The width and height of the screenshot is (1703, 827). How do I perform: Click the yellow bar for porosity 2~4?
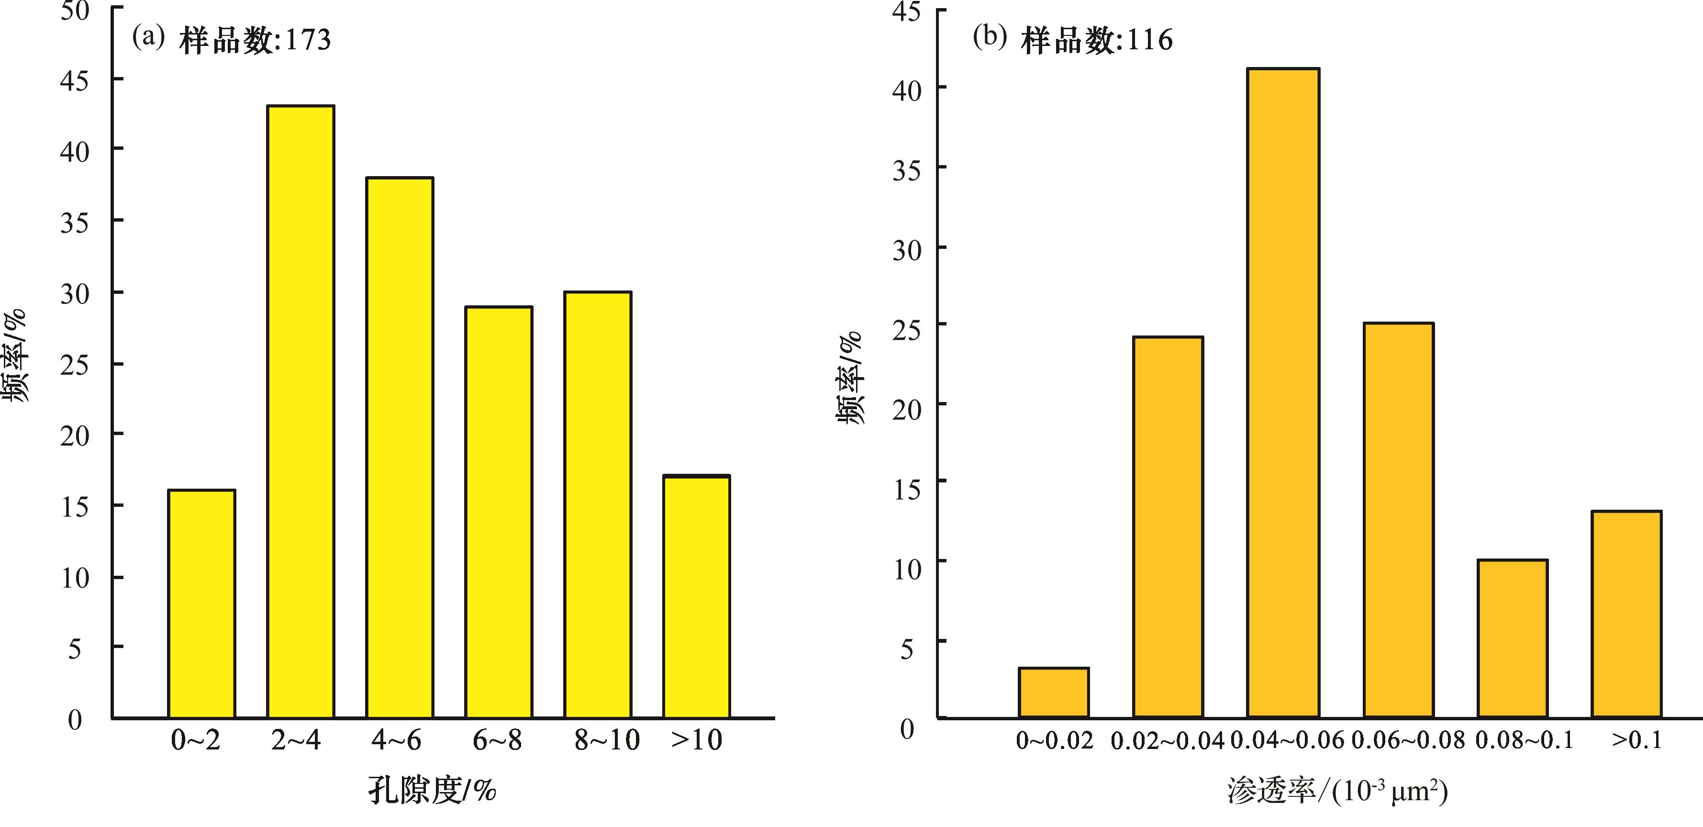301,411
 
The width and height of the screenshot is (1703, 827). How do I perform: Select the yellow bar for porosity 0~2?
201,603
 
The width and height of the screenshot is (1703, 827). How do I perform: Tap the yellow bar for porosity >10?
697,596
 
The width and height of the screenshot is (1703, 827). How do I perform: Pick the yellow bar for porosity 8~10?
598,504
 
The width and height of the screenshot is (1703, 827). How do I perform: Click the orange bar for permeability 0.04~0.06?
1283,392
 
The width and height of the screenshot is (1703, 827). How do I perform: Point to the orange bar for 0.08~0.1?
1513,638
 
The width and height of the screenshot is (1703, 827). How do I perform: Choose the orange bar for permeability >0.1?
1627,614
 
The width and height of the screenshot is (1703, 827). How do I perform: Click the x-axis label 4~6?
396,740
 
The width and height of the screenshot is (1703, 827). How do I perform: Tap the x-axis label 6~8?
497,740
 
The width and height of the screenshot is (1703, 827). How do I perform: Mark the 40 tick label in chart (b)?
906,90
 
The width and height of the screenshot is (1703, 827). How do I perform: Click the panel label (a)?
148,37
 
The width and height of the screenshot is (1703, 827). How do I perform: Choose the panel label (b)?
990,37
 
